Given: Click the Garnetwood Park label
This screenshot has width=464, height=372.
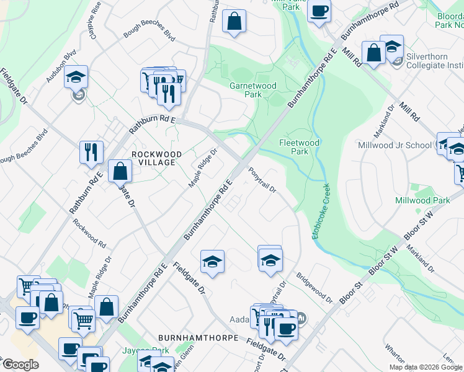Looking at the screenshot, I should [x=253, y=90].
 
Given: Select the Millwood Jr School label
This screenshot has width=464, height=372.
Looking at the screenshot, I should [x=395, y=145].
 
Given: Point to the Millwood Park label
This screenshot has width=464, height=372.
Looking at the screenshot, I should [x=422, y=200].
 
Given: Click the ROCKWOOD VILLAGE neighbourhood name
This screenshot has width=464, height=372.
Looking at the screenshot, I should [x=156, y=158].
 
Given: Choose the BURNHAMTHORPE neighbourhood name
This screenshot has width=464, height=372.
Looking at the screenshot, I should [x=199, y=338].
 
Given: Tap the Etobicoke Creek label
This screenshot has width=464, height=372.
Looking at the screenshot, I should [x=324, y=210].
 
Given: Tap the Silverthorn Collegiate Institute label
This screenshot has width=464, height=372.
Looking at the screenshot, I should [x=434, y=60].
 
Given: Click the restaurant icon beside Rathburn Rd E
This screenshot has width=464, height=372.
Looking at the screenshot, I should [x=91, y=151].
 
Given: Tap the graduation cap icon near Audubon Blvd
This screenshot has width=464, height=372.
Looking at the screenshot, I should [x=76, y=77].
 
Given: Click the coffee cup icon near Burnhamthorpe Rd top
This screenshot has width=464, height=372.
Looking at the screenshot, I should [x=319, y=10].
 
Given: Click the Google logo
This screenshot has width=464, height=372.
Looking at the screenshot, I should [x=20, y=365].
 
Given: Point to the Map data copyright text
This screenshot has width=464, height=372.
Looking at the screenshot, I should [x=426, y=367].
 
